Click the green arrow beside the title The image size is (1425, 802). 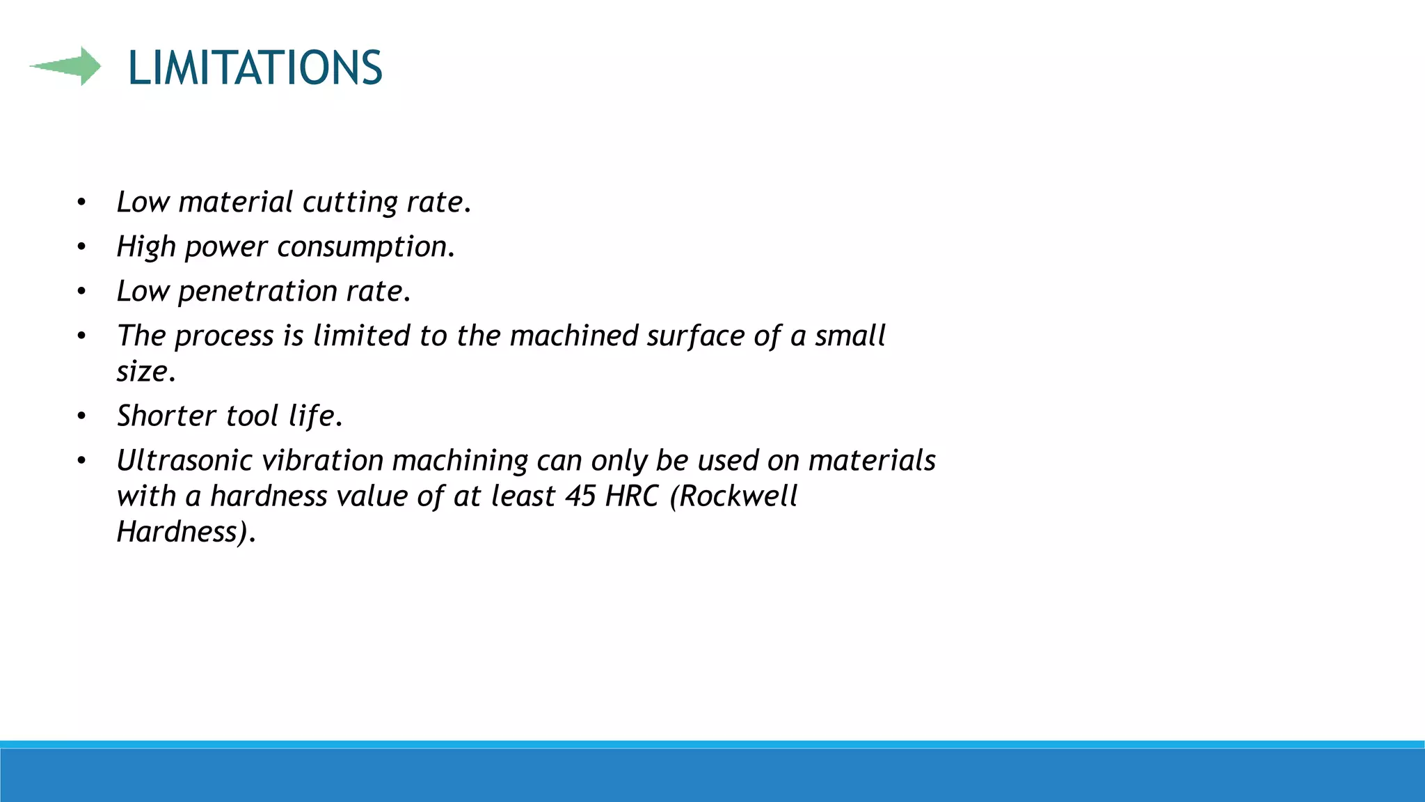pyautogui.click(x=66, y=66)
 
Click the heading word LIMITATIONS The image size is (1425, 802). pyautogui.click(x=255, y=68)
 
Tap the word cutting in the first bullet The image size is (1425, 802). pyautogui.click(x=349, y=203)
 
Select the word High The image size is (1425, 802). pyautogui.click(x=145, y=247)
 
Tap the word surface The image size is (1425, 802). pyautogui.click(x=696, y=336)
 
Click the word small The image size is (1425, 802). pyautogui.click(x=850, y=336)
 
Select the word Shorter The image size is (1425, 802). pyautogui.click(x=166, y=416)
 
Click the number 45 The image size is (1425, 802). pyautogui.click(x=580, y=496)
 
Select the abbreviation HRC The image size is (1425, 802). pyautogui.click(x=631, y=496)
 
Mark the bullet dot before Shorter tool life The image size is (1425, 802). pyautogui.click(x=81, y=416)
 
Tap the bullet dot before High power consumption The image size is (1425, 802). pyautogui.click(x=81, y=247)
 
